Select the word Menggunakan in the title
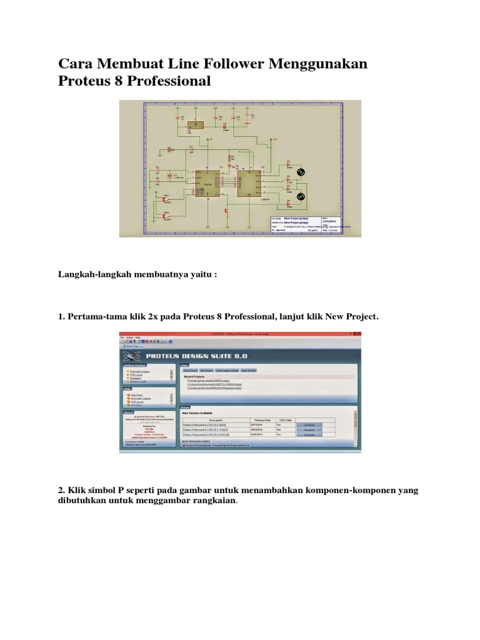(317, 64)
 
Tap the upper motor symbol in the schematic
(300, 172)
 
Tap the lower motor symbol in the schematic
(300, 196)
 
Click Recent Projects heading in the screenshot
(196, 377)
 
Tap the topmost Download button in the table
(309, 425)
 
